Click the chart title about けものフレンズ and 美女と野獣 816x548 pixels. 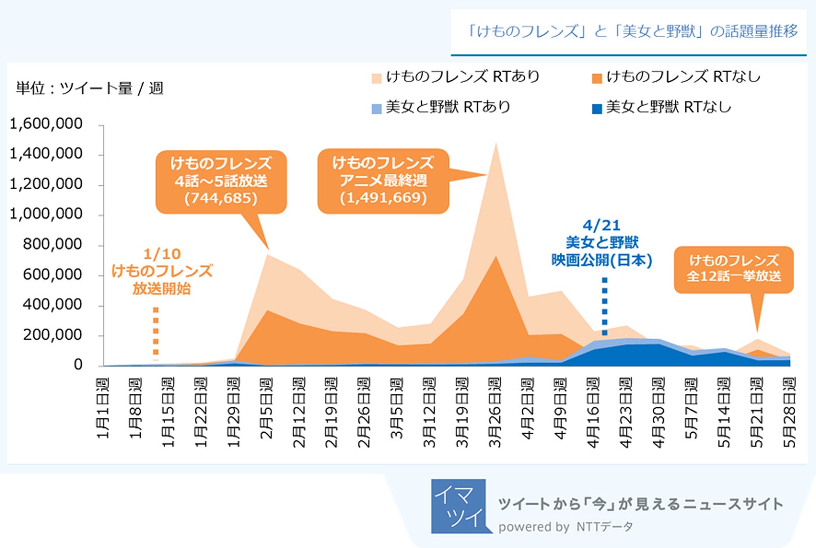coord(632,32)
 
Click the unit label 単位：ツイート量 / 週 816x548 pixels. coord(90,88)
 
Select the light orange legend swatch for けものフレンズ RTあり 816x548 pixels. coord(376,79)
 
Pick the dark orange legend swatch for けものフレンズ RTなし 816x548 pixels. coord(597,79)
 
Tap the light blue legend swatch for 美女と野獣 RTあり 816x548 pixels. coord(376,109)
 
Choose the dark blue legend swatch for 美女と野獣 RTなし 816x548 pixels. coord(597,109)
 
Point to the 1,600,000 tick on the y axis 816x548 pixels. coord(46,124)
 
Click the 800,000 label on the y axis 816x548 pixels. coord(52,244)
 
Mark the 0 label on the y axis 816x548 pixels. coord(78,365)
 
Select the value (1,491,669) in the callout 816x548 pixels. coord(384,197)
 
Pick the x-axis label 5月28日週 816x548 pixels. coord(789,412)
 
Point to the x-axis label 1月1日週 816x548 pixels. coord(103,408)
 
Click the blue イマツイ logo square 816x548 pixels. coord(457,506)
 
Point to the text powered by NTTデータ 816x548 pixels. coord(565,527)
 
